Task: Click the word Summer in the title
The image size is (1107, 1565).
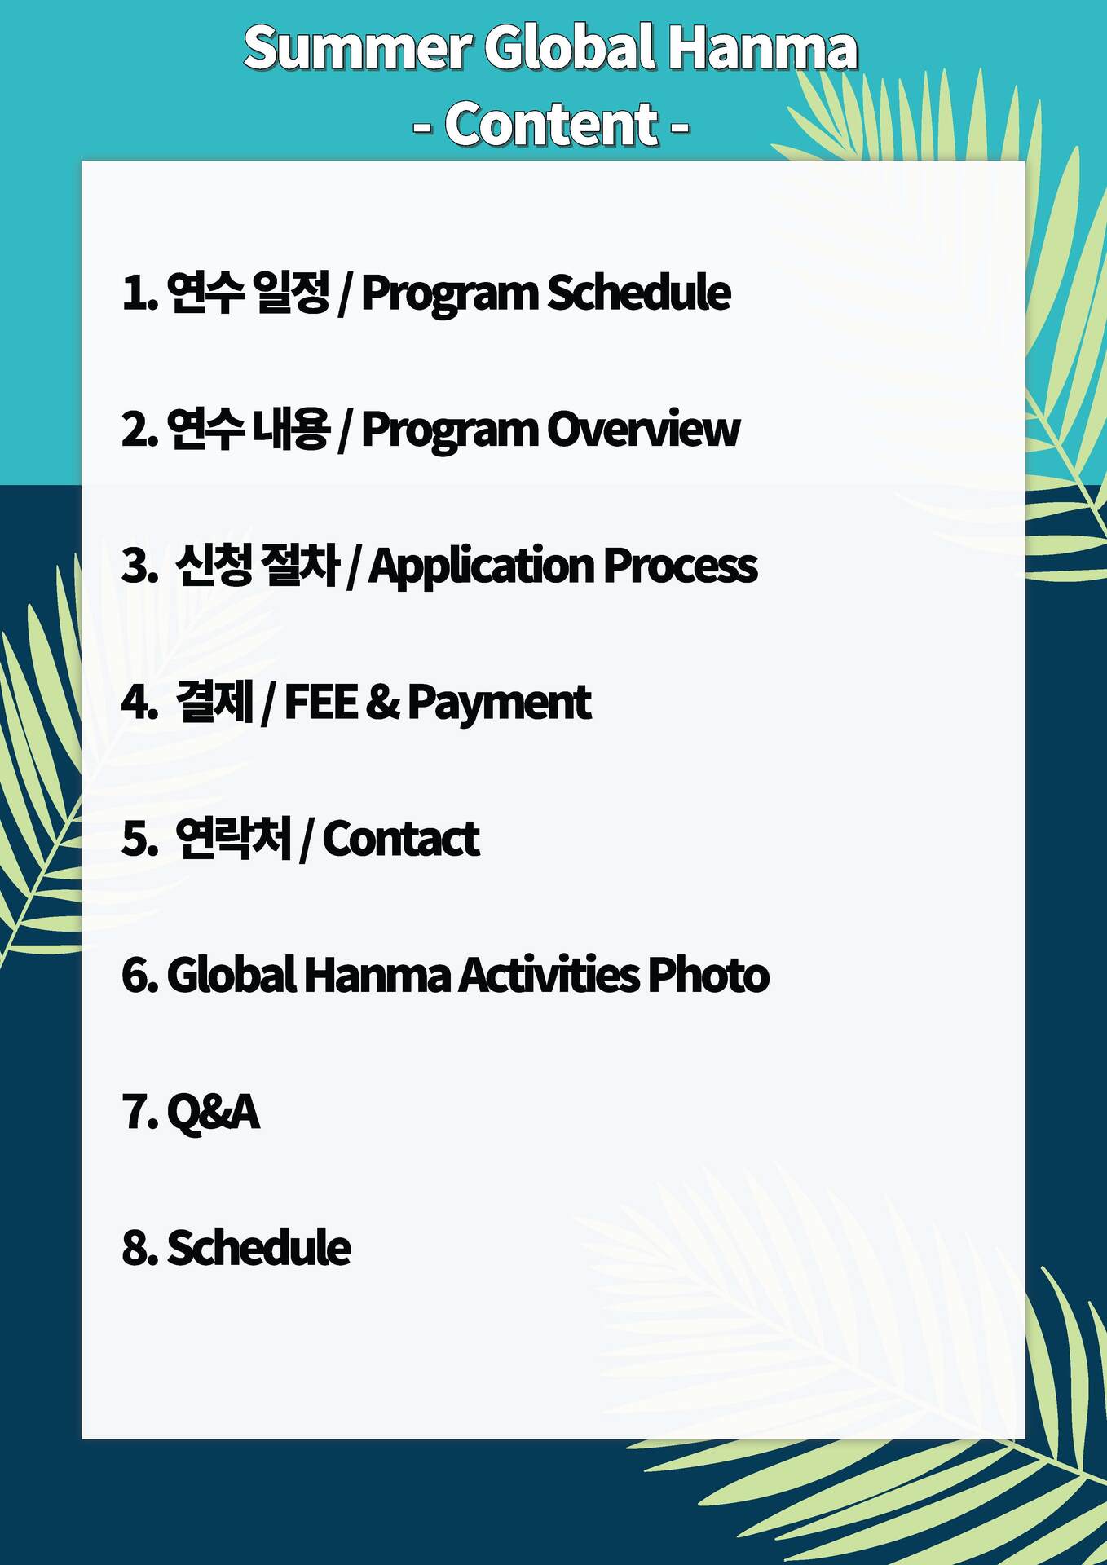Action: tap(358, 46)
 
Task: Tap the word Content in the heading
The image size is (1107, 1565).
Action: tap(552, 124)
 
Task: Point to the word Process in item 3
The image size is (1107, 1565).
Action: tap(680, 565)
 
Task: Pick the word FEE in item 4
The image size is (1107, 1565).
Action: tap(321, 702)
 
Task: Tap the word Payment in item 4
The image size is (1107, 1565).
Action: tap(499, 703)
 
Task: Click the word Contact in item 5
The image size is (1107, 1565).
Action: tap(401, 839)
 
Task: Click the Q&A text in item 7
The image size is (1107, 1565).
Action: tap(214, 1111)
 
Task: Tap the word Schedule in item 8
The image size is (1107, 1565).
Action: tap(259, 1247)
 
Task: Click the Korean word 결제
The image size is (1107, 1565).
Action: tap(214, 702)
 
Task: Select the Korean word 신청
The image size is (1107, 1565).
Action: tap(214, 565)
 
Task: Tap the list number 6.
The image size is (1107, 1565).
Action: tap(135, 975)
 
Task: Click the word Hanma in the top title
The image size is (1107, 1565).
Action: tap(762, 47)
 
